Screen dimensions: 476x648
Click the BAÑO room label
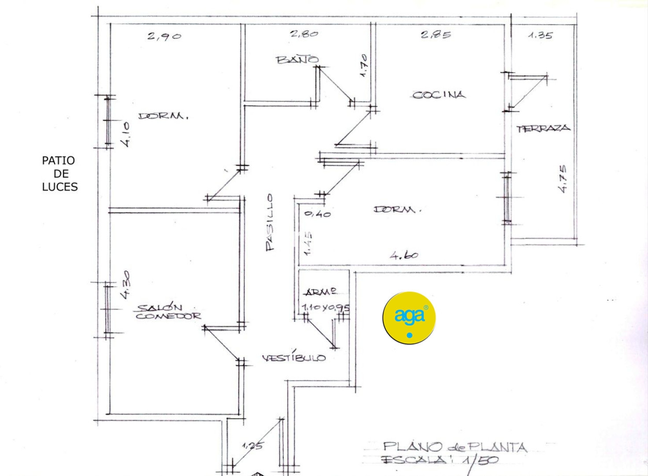click(297, 59)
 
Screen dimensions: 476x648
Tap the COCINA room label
click(438, 95)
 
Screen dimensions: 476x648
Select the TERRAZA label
click(543, 129)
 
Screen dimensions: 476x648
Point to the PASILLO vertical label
click(270, 223)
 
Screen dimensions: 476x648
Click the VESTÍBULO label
click(294, 358)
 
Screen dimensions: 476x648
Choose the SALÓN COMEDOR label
click(168, 312)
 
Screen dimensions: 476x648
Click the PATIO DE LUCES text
click(59, 174)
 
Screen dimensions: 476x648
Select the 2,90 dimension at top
click(164, 36)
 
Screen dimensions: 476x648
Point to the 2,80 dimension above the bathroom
click(304, 33)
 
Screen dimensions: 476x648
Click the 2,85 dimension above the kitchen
click(436, 34)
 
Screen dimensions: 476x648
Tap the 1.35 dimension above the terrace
click(540, 35)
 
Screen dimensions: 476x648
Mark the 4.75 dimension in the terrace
click(563, 178)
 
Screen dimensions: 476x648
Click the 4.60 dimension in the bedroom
click(404, 255)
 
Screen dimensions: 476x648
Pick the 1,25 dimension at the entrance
click(252, 446)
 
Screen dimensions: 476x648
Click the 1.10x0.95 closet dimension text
click(326, 307)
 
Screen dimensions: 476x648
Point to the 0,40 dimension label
click(318, 214)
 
